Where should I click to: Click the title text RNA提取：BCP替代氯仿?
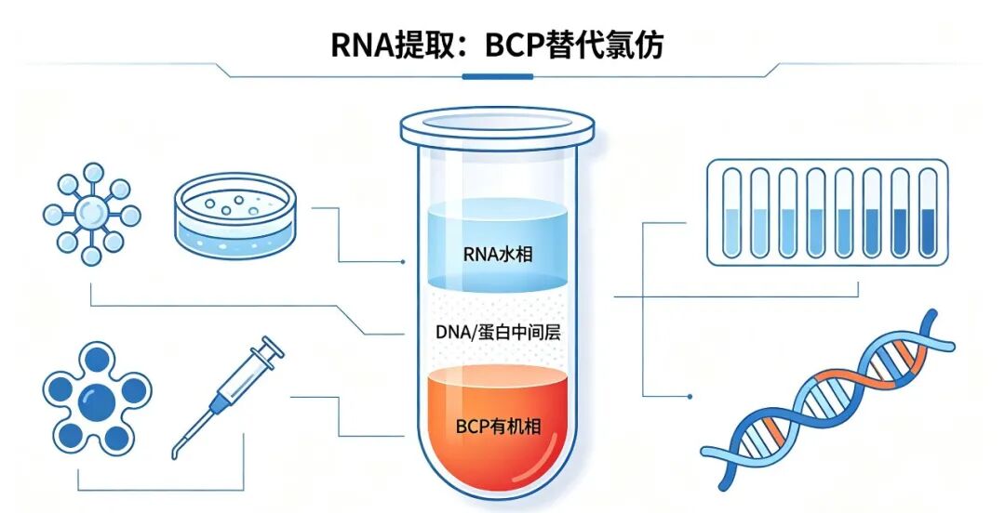click(x=497, y=45)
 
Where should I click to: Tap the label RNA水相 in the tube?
click(x=497, y=255)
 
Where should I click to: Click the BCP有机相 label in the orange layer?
click(x=498, y=426)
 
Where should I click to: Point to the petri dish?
click(x=235, y=216)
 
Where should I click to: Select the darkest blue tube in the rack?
click(x=928, y=213)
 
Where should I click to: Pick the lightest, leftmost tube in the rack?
click(x=731, y=213)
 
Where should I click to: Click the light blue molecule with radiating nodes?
click(x=91, y=214)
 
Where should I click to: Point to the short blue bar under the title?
click(x=497, y=77)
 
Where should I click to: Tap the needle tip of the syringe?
click(x=174, y=455)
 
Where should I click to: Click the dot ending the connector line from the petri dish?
click(x=403, y=262)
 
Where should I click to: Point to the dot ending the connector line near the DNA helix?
click(x=690, y=397)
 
